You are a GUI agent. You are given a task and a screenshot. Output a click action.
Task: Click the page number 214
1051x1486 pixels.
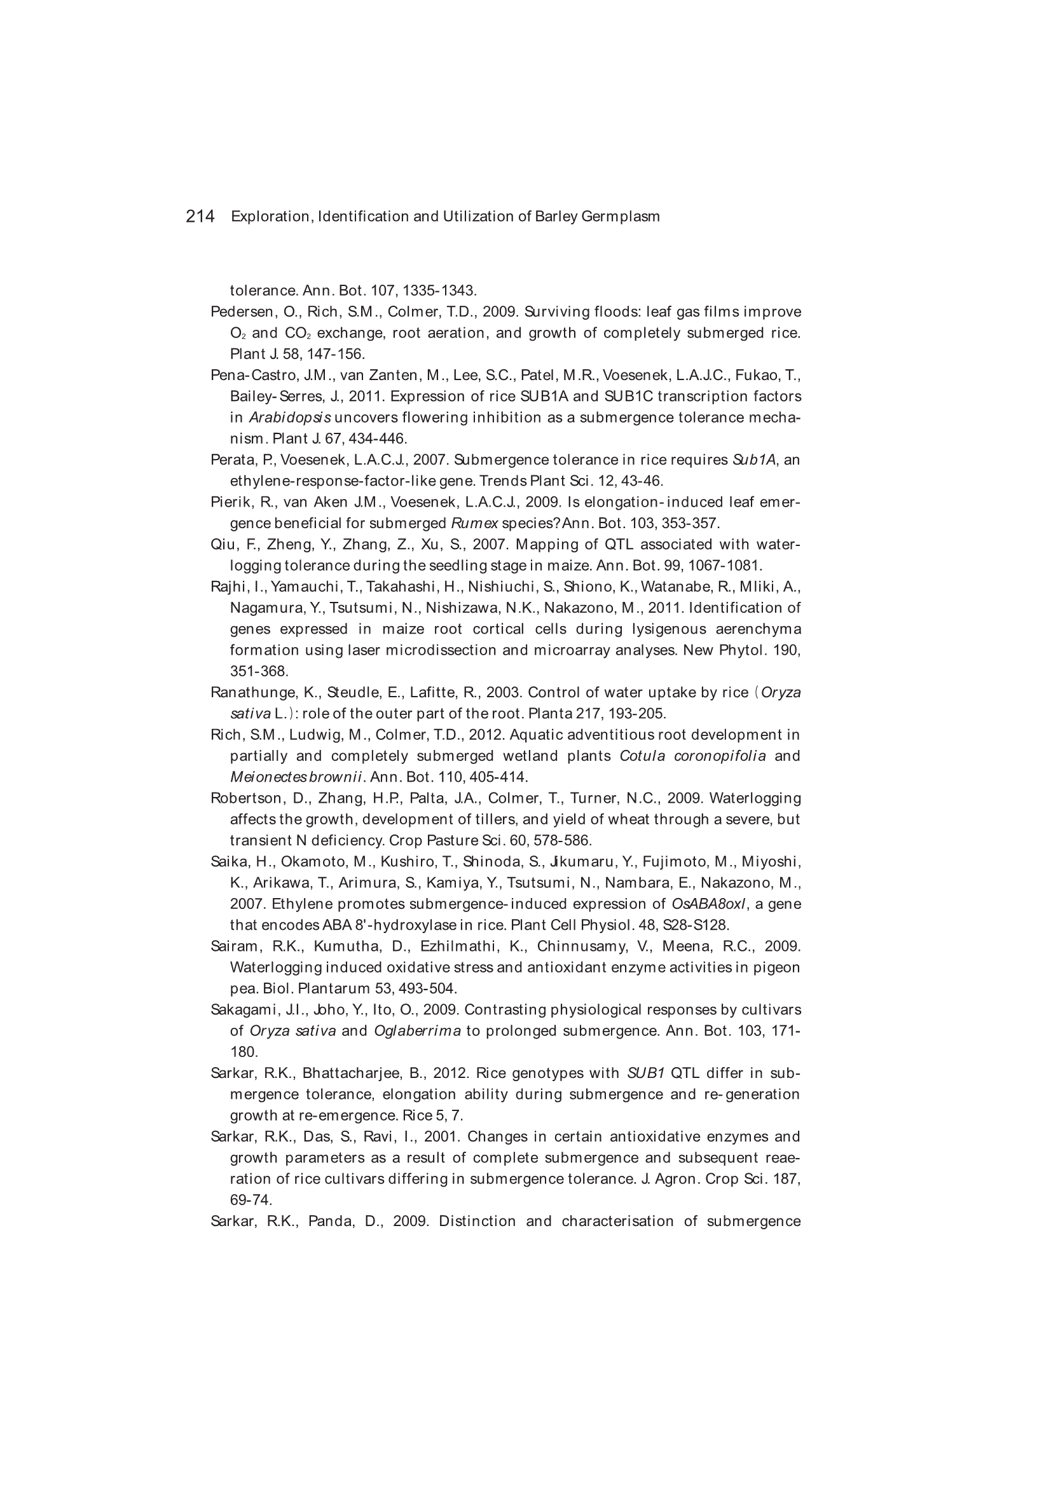[200, 216]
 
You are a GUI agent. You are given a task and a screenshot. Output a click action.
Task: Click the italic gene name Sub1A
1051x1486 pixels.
[754, 460]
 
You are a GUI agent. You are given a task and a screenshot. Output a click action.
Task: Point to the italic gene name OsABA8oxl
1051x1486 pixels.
[709, 904]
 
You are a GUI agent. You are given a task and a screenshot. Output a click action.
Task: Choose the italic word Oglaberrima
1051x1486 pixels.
[417, 1031]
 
